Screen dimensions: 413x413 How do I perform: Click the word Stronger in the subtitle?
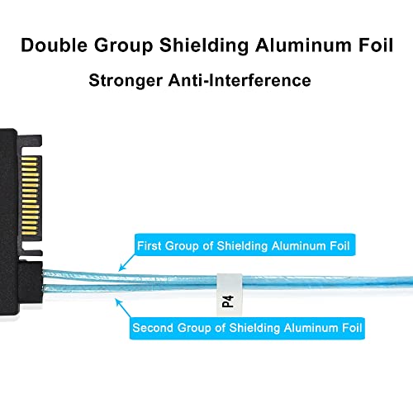click(x=126, y=81)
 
